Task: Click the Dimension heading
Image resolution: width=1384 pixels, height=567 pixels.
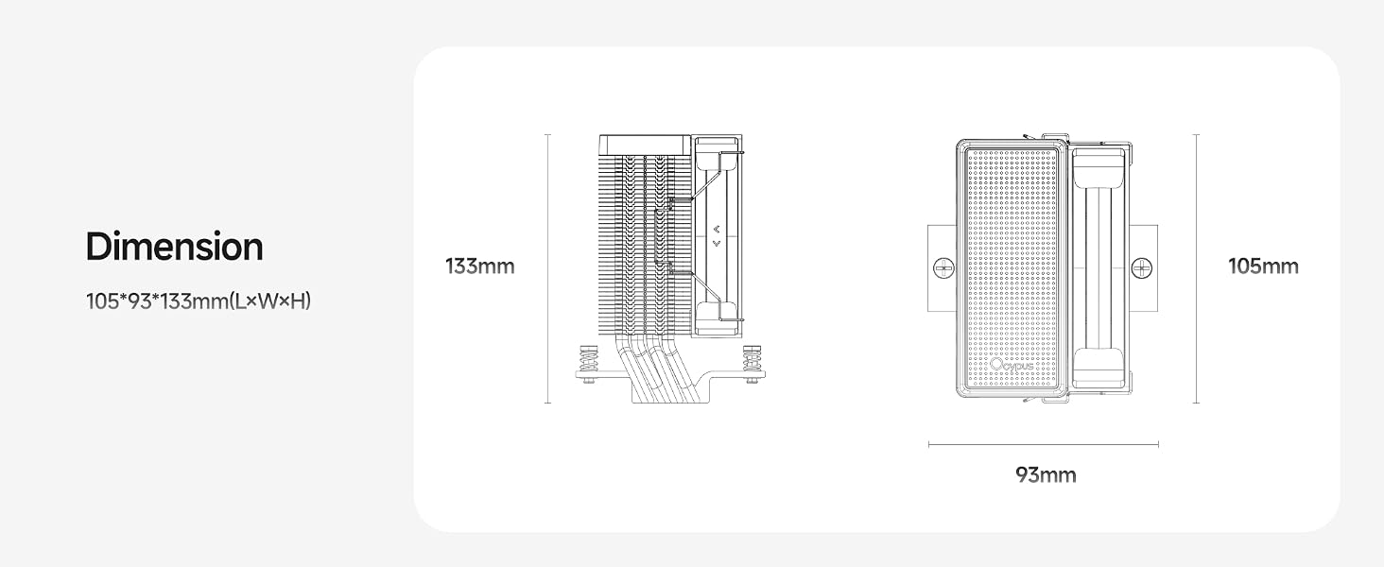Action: (x=174, y=247)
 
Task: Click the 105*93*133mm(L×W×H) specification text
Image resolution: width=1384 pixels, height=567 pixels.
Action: (x=199, y=301)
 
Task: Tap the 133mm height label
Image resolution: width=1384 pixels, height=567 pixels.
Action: (x=480, y=266)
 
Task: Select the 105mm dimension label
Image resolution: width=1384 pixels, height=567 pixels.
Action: (x=1264, y=266)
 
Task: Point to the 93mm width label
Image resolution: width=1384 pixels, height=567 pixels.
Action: (x=1046, y=475)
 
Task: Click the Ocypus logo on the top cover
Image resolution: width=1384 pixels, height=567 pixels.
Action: (x=1012, y=365)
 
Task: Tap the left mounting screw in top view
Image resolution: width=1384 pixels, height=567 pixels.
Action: (x=943, y=268)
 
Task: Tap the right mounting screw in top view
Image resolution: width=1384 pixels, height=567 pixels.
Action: (x=1141, y=268)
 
